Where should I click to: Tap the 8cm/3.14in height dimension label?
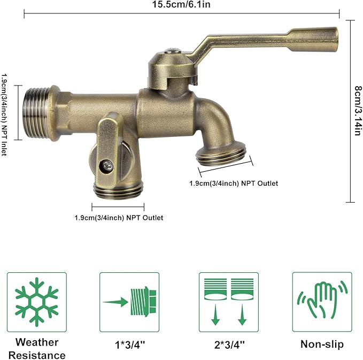(357, 111)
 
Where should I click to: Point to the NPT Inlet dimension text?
(4, 111)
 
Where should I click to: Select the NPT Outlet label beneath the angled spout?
(234, 183)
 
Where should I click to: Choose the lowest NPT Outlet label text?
(119, 218)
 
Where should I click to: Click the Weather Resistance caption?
(37, 348)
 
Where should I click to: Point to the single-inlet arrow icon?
(129, 302)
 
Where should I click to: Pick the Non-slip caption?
(322, 344)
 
